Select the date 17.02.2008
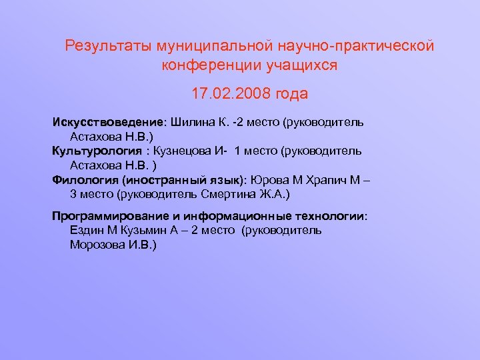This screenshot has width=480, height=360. (231, 94)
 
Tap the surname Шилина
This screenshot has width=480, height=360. (193, 123)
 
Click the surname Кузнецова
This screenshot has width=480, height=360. (183, 151)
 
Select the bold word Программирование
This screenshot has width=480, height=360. (110, 216)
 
